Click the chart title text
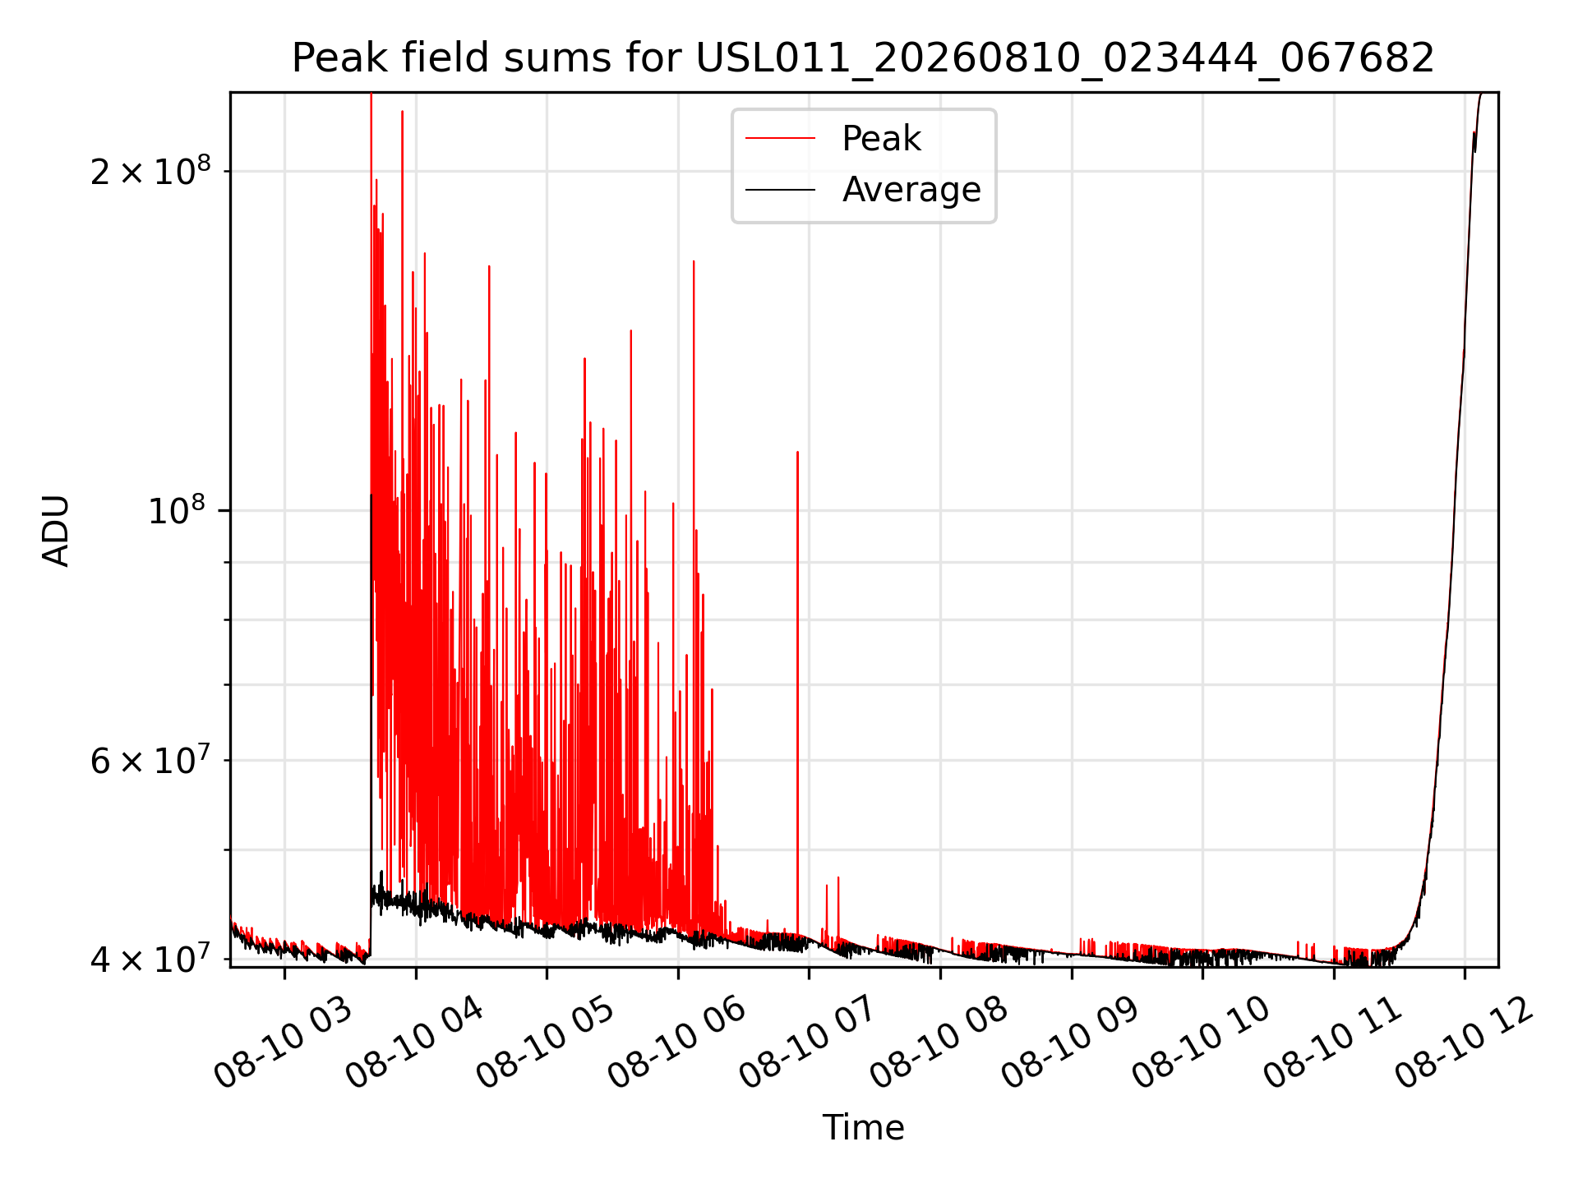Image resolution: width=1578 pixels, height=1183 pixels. coord(863,58)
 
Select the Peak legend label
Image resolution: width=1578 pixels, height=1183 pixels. coord(881,139)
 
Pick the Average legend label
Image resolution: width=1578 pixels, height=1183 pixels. coord(911,190)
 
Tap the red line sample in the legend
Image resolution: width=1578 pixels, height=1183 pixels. coord(780,139)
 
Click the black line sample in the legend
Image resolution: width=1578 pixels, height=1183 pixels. coord(780,190)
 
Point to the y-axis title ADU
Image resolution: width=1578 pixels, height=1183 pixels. coord(56,530)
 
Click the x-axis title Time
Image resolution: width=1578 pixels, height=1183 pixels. coord(863,1128)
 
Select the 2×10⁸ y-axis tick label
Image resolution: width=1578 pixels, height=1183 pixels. coord(150,170)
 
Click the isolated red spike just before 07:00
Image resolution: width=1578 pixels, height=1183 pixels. coord(797,694)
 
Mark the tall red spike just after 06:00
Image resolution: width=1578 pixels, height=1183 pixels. coord(694,591)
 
